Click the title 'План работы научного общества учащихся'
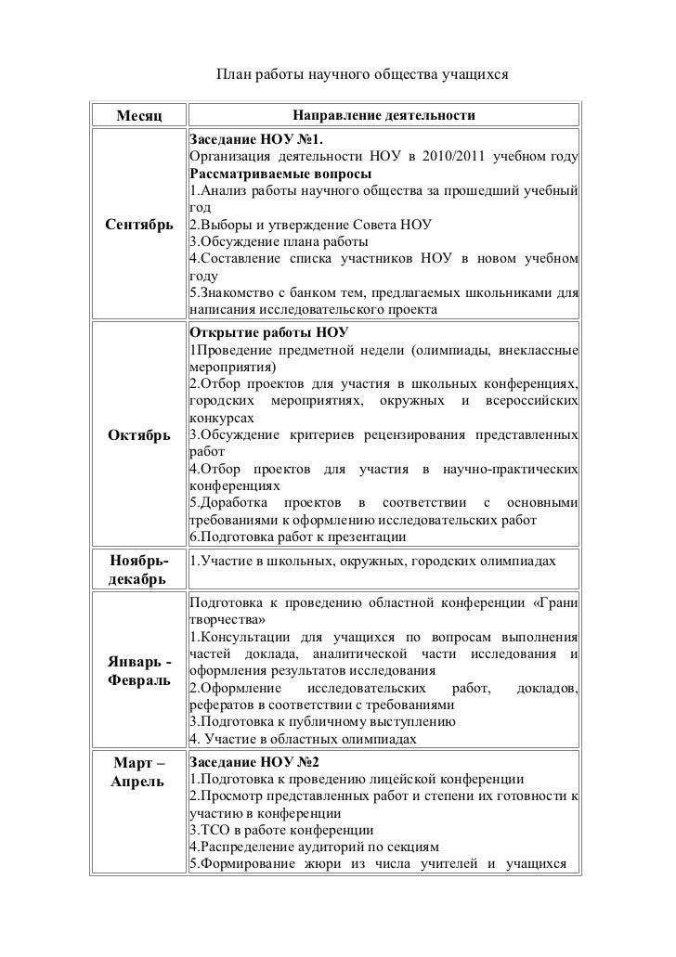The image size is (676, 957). pos(363,72)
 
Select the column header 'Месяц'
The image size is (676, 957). pos(138,116)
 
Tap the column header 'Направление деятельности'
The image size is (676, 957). pos(383,115)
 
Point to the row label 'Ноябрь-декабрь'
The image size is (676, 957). pos(137,571)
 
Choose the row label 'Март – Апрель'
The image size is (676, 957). pos(137,772)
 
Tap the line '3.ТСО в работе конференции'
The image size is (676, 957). pos(281,829)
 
